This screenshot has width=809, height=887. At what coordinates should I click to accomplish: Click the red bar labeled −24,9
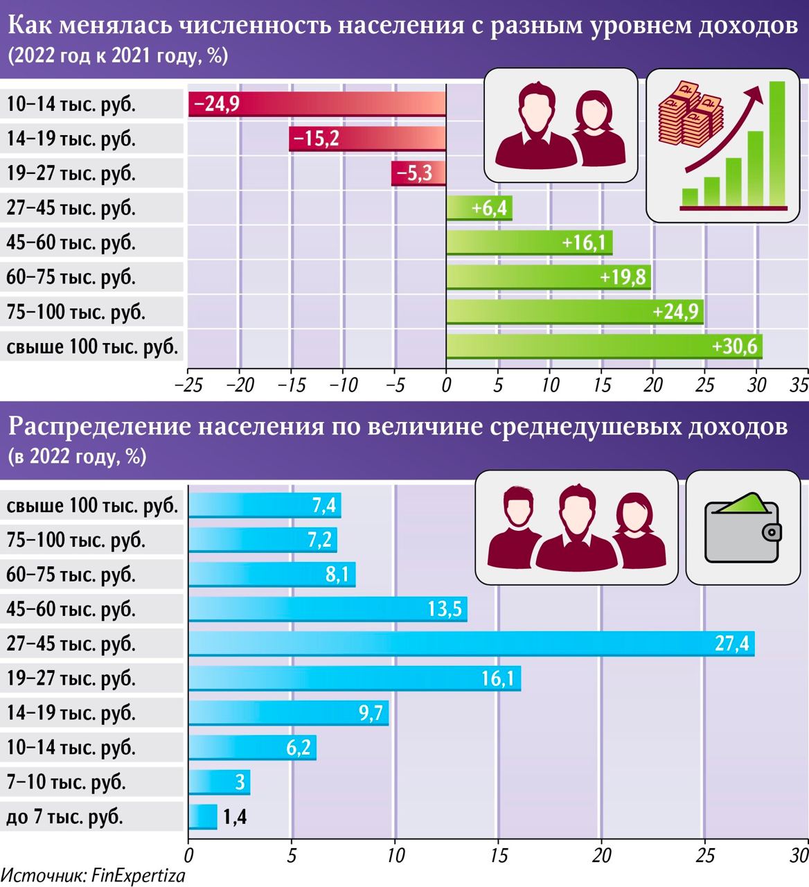[x=317, y=104]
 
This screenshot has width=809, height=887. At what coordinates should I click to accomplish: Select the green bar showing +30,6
[x=604, y=346]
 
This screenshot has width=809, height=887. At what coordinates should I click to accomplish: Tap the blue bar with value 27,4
[x=471, y=644]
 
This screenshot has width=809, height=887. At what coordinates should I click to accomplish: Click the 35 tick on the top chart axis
[x=799, y=385]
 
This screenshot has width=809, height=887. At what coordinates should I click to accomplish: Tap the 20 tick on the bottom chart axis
[x=602, y=854]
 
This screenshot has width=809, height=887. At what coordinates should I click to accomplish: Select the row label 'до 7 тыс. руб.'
[x=65, y=817]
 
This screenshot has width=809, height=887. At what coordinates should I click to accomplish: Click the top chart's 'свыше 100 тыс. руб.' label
[x=92, y=346]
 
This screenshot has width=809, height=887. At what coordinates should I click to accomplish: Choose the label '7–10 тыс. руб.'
[x=66, y=782]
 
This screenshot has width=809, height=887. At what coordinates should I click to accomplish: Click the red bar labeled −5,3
[x=418, y=173]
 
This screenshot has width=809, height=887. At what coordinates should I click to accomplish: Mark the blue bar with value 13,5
[x=328, y=609]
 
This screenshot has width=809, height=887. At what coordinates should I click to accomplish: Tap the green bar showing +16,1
[x=529, y=243]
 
